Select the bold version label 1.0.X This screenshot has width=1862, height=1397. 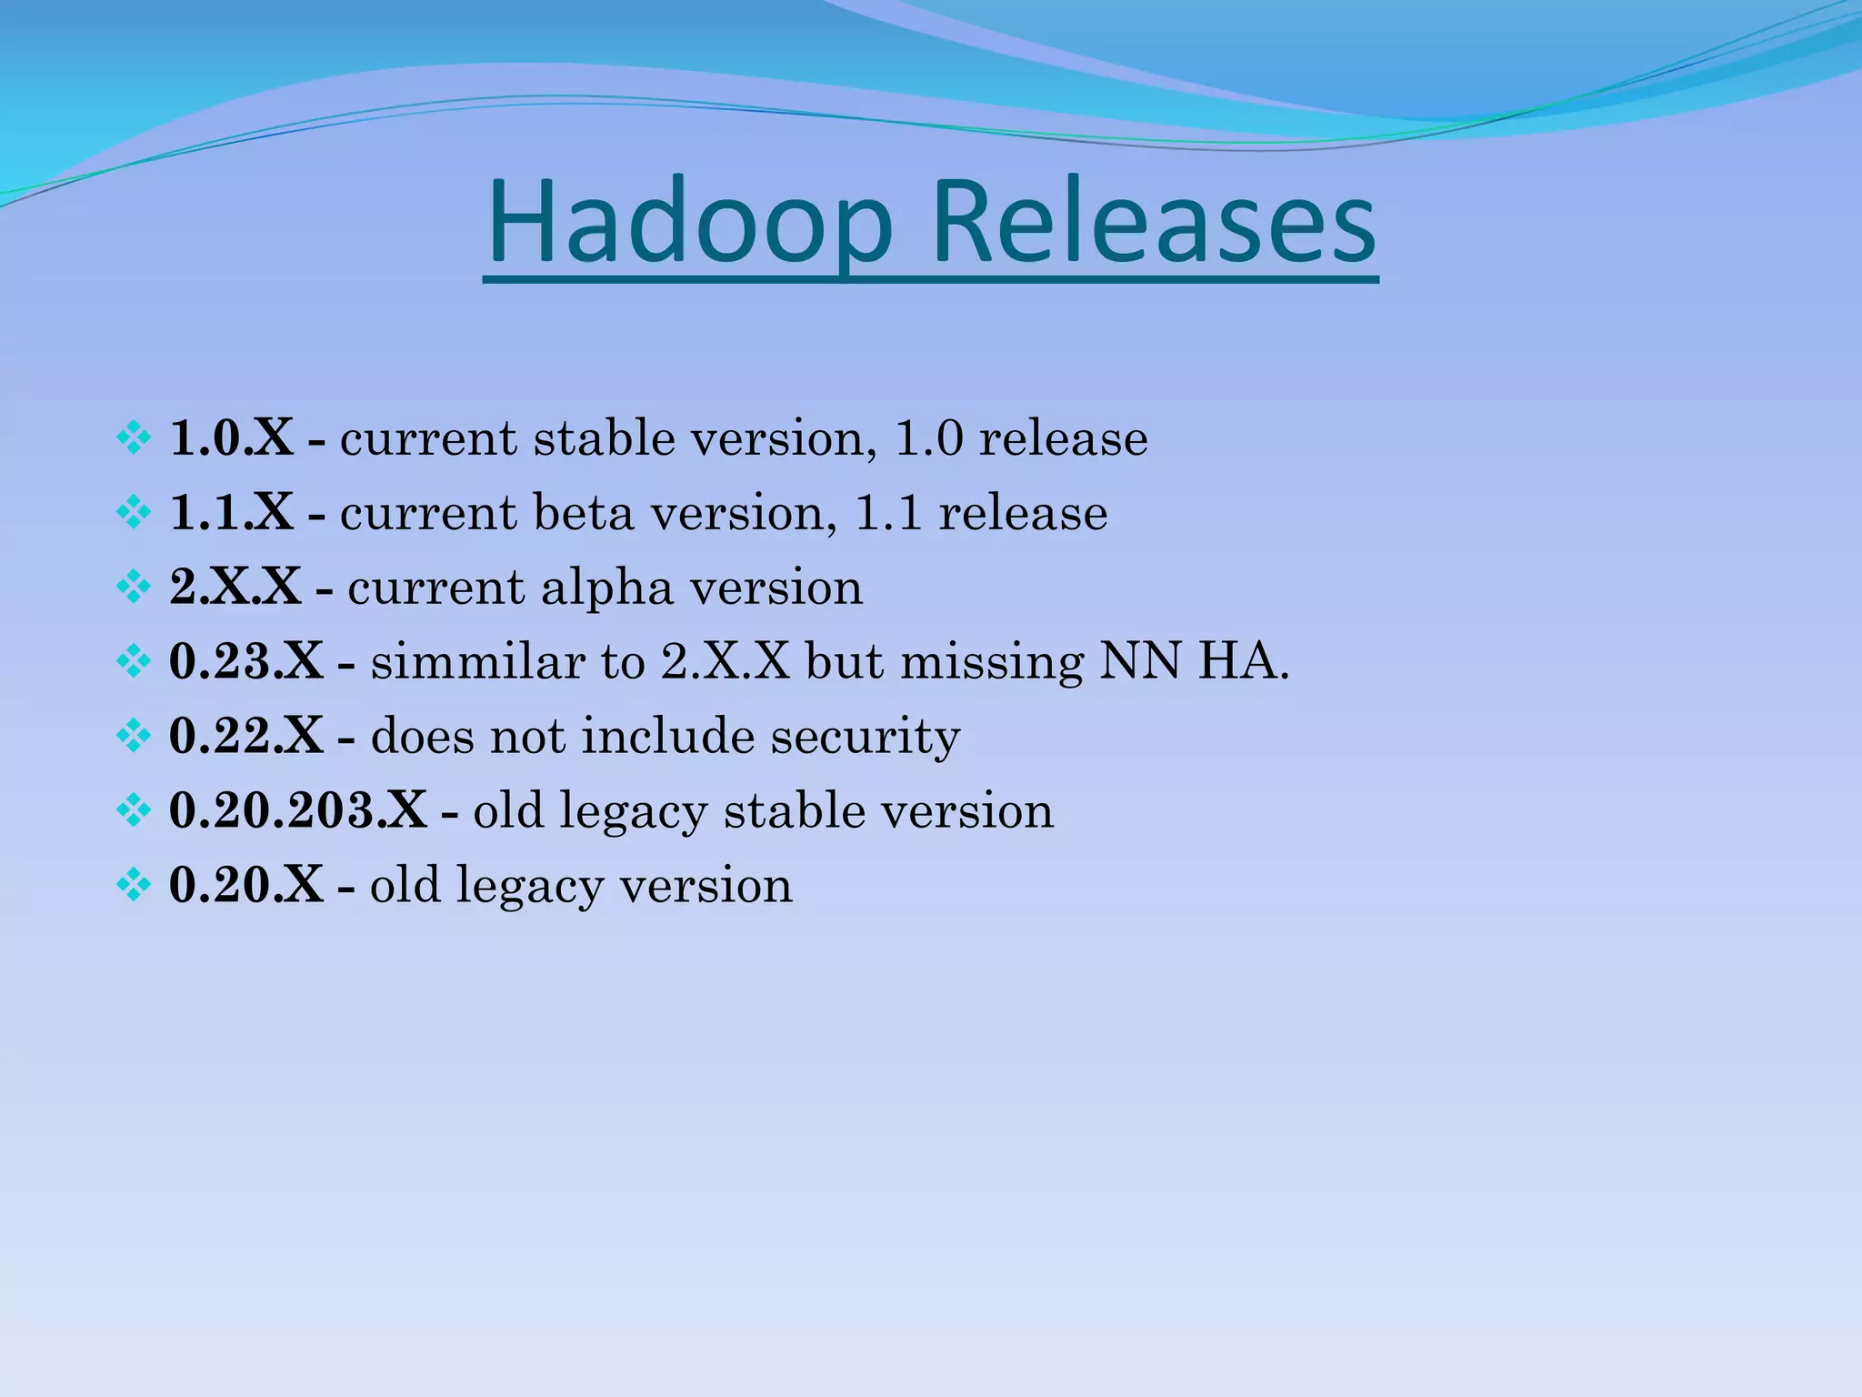232,438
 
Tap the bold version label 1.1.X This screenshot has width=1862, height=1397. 232,513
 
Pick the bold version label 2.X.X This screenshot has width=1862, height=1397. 235,588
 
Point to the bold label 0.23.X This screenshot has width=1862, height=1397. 246,661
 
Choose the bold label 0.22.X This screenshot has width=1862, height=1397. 246,736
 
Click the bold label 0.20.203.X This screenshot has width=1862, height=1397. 298,810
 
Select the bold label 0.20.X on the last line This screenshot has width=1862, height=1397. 246,885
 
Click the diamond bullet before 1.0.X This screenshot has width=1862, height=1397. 134,439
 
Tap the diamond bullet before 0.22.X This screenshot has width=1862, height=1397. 134,737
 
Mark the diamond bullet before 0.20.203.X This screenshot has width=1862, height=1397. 134,811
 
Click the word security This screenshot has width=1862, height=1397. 865,738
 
